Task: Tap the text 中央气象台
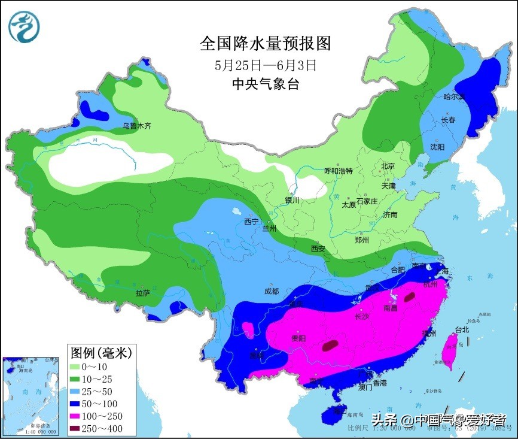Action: (265, 84)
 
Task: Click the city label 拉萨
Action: (142, 293)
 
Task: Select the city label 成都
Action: (271, 291)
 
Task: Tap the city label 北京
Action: (388, 166)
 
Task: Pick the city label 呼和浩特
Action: (339, 171)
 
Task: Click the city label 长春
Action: (448, 120)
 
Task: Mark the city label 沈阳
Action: (437, 147)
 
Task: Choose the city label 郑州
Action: (362, 240)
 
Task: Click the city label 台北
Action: (462, 329)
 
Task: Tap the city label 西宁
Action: (251, 222)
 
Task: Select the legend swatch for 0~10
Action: (77, 367)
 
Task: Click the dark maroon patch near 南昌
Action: (410, 296)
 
